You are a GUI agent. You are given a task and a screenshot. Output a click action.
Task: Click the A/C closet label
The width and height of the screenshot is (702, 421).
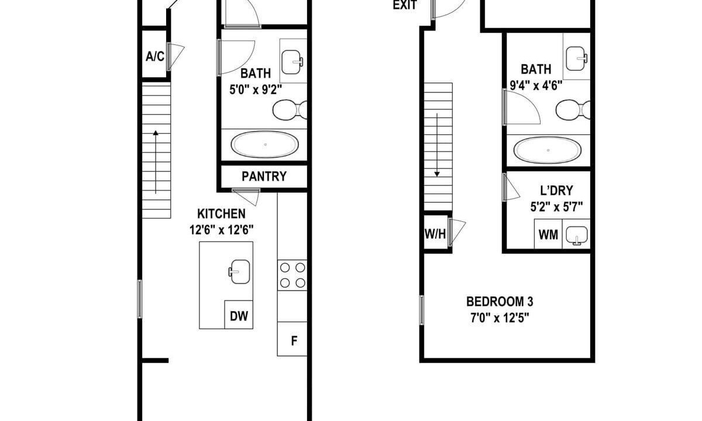(155, 57)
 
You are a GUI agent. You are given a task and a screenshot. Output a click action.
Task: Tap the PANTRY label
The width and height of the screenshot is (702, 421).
(264, 177)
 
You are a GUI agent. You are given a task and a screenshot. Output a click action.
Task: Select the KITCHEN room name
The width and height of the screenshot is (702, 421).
(221, 213)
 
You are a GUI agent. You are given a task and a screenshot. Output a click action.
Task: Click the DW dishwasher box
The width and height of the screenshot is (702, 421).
(239, 315)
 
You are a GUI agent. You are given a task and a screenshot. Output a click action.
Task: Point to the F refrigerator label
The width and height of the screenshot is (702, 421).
(294, 340)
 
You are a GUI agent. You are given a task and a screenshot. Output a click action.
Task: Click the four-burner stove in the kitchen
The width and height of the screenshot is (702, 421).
(292, 275)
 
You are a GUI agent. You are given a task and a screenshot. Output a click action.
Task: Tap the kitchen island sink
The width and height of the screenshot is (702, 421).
(239, 271)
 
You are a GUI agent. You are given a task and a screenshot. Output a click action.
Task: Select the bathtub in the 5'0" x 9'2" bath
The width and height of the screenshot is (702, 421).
(265, 144)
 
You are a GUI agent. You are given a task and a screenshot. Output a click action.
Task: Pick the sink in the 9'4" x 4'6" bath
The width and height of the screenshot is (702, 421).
(576, 58)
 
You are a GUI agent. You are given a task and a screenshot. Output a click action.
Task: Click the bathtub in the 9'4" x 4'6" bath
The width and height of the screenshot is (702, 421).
(548, 150)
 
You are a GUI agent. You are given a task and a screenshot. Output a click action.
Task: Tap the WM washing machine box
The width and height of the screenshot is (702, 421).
(548, 234)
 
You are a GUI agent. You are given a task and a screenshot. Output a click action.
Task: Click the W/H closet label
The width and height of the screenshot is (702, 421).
(435, 234)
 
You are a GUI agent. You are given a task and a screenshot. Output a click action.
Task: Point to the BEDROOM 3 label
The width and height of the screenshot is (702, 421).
(500, 302)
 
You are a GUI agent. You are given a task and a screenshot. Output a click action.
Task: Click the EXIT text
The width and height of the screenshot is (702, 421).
(405, 5)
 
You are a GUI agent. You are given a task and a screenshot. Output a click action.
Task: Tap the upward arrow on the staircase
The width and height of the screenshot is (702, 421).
(156, 162)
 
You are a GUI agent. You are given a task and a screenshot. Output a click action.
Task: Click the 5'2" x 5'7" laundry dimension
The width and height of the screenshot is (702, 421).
(556, 207)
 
